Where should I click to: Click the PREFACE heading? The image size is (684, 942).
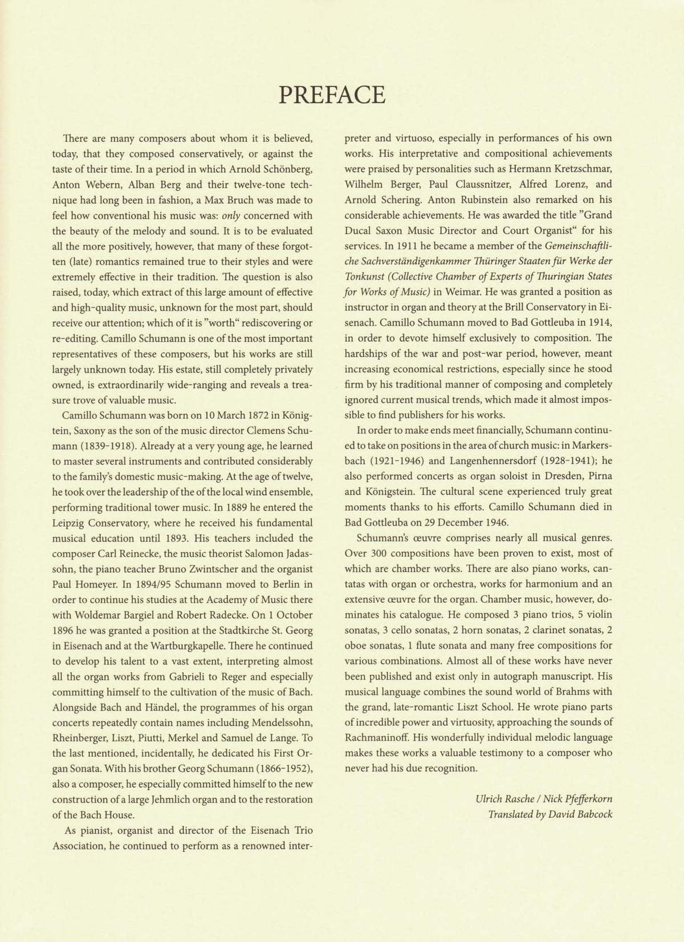332,95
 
